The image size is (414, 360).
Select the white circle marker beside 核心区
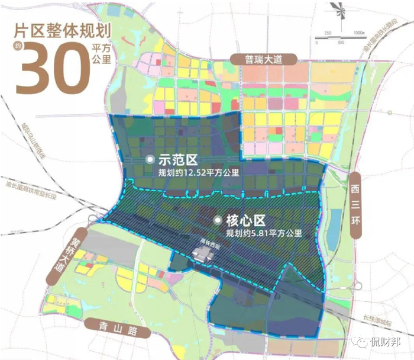(219, 221)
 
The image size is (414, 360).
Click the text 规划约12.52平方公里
(195, 173)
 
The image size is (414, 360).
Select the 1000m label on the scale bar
(358, 33)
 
